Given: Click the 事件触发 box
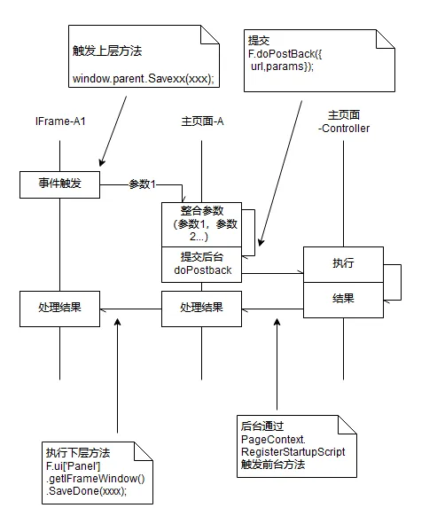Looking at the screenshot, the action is pyautogui.click(x=59, y=184).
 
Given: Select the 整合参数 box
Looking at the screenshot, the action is pyautogui.click(x=201, y=224).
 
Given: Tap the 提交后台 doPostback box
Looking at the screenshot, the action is pyautogui.click(x=201, y=264).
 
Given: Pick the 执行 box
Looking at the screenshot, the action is pyautogui.click(x=343, y=264).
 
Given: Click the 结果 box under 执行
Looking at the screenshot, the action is pyautogui.click(x=343, y=300).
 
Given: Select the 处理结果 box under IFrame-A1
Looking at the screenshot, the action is pyautogui.click(x=59, y=309).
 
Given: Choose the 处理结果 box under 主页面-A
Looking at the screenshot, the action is pyautogui.click(x=201, y=309).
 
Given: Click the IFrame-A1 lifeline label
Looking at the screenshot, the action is pyautogui.click(x=60, y=121).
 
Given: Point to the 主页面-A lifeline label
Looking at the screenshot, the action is pyautogui.click(x=202, y=121).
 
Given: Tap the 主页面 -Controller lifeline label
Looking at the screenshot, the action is pyautogui.click(x=344, y=121).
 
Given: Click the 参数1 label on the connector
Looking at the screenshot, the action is pyautogui.click(x=142, y=184).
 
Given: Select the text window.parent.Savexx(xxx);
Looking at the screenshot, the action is pyautogui.click(x=144, y=79).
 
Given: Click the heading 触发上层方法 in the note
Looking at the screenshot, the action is pyautogui.click(x=107, y=51).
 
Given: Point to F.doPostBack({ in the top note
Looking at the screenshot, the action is pyautogui.click(x=285, y=54).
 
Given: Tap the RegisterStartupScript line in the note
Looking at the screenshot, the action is pyautogui.click(x=293, y=452).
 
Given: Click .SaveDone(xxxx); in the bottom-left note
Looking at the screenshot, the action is pyautogui.click(x=86, y=491).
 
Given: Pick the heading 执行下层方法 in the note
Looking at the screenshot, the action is pyautogui.click(x=78, y=453).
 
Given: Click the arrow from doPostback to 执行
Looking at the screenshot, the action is pyautogui.click(x=272, y=273).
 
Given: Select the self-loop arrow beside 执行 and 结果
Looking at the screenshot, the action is pyautogui.click(x=401, y=282).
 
